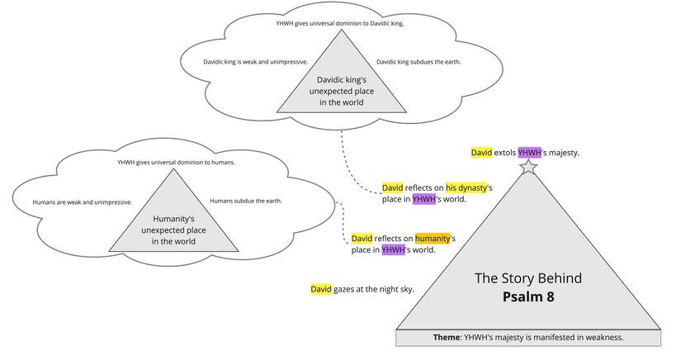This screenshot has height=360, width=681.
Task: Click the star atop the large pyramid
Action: [x=528, y=168]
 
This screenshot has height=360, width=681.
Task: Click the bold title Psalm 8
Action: [x=528, y=297]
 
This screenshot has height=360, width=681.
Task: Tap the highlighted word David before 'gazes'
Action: [x=320, y=289]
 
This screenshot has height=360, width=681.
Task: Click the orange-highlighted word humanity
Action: [x=432, y=238]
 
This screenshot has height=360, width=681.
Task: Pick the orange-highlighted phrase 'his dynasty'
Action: [x=466, y=187]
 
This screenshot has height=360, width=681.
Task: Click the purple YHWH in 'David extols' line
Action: [x=529, y=153]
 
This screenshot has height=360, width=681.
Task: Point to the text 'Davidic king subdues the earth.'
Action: [x=419, y=62]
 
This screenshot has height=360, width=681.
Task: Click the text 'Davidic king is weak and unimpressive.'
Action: [x=255, y=62]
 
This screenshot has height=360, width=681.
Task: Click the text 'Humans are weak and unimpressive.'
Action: [x=82, y=201]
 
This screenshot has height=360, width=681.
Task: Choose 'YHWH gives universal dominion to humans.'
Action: [x=176, y=163]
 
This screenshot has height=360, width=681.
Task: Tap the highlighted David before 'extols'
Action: [x=481, y=153]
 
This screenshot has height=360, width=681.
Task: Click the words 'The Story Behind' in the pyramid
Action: [x=528, y=278]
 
